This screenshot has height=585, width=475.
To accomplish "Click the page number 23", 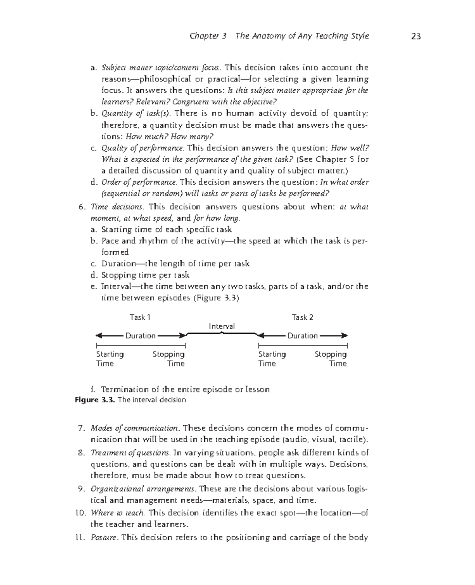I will point(416,36).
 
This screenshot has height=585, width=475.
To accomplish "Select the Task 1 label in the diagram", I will point(140,317).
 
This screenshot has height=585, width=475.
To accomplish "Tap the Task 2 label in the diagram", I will point(302,317).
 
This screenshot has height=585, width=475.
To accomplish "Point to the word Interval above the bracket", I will point(222,326).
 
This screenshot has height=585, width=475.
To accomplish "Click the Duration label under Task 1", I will point(141,336).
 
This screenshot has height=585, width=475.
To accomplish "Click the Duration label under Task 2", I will point(302,336).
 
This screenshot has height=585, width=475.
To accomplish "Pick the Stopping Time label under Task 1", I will point(169,359).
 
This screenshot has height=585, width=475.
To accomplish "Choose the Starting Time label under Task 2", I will point(272,359).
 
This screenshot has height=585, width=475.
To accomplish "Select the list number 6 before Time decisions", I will point(82,207).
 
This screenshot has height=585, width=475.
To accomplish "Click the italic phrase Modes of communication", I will point(135,428).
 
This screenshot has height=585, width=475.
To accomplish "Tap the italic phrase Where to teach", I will point(118,513).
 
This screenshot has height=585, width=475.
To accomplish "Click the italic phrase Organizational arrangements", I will point(143,489).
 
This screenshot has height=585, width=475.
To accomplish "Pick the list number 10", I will point(80,513).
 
